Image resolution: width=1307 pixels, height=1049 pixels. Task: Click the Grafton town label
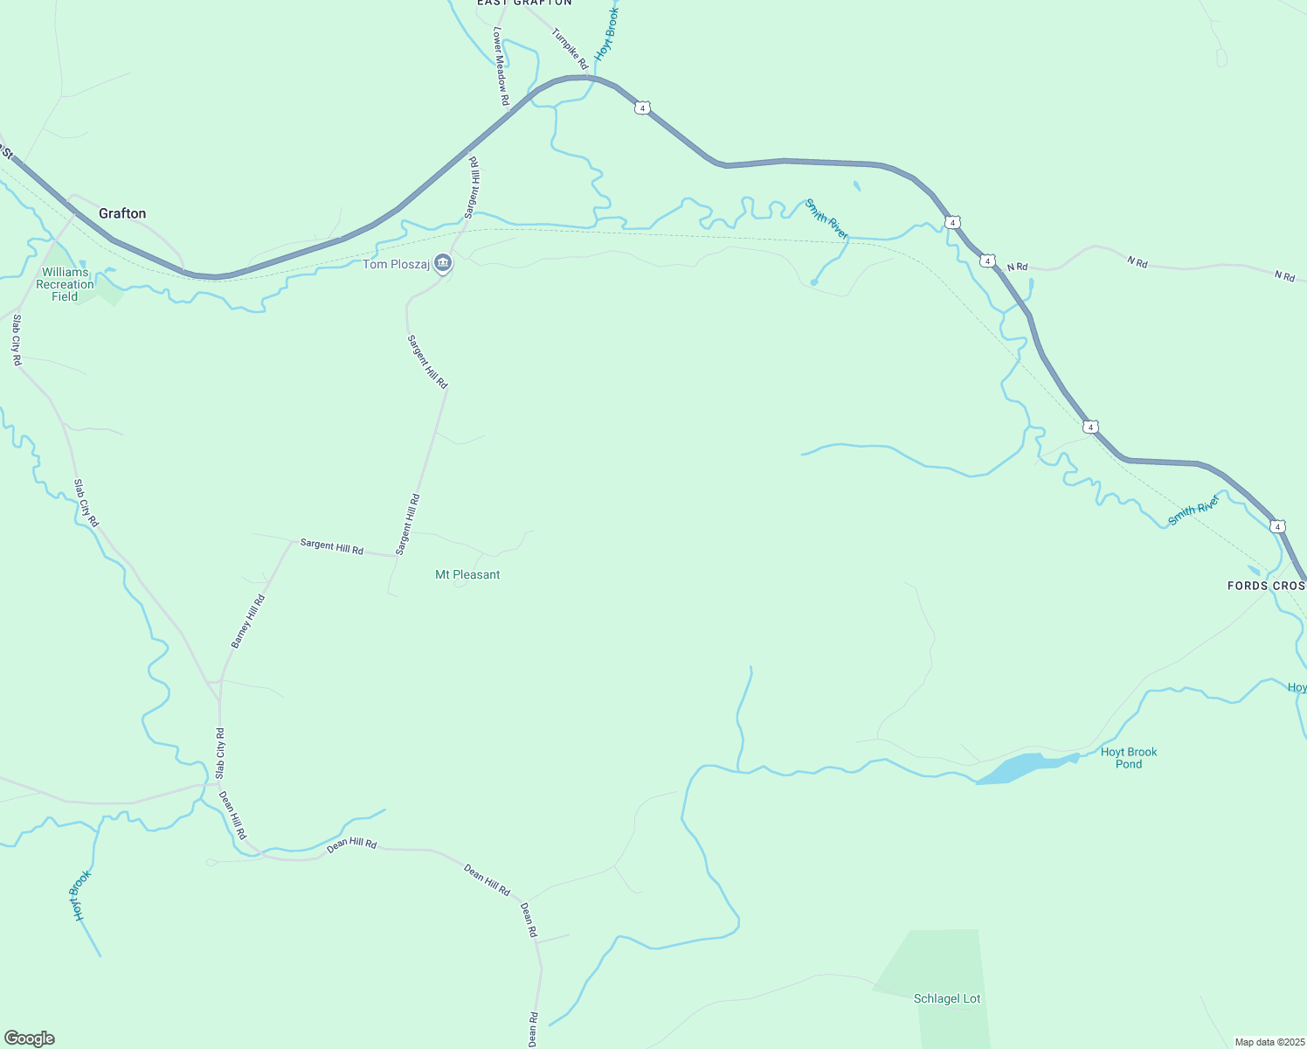[x=122, y=213]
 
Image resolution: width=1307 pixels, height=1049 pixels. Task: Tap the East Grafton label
[x=524, y=3]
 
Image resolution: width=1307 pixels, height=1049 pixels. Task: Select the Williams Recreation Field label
[x=65, y=284]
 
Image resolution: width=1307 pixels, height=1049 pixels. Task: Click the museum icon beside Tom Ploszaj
[x=443, y=263]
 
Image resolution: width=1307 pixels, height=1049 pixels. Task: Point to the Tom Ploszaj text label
[x=397, y=264]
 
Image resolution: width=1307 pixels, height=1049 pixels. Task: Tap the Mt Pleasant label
[x=467, y=574]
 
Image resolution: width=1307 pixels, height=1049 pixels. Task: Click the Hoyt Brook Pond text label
[x=1129, y=758]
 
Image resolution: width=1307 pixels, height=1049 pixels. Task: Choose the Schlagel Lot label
[x=947, y=998]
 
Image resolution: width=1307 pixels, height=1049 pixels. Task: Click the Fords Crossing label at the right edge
[x=1266, y=585]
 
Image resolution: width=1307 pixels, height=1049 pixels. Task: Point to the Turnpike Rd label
[x=570, y=49]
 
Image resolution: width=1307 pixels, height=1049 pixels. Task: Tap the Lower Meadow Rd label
[x=501, y=66]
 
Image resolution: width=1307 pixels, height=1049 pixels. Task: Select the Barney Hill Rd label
[x=247, y=622]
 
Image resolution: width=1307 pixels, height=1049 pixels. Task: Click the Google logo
[x=29, y=1039]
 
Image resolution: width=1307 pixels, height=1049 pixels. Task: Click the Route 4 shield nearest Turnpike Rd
[x=643, y=108]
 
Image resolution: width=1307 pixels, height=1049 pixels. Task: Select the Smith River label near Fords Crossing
[x=1193, y=511]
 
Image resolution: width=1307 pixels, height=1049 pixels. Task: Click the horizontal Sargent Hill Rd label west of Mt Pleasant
[x=331, y=546]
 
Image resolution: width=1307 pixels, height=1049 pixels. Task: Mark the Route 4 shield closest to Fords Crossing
[x=1277, y=526]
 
